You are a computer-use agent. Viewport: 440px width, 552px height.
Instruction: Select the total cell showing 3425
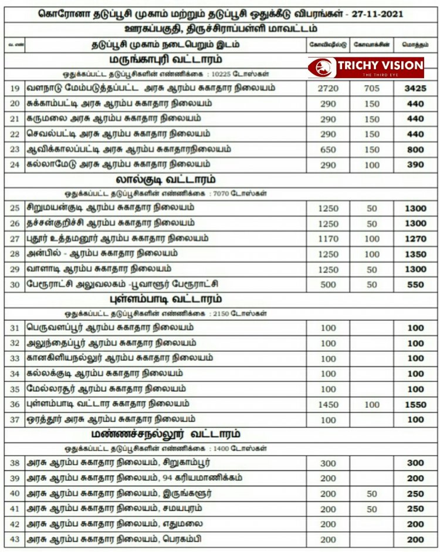click(x=415, y=89)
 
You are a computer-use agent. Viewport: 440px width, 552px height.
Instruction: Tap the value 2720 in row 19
click(x=328, y=89)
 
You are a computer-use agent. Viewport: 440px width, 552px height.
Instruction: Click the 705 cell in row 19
click(x=372, y=89)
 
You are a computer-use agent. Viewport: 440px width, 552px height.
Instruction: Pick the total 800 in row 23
click(x=415, y=150)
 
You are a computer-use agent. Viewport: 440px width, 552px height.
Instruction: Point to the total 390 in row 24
click(x=415, y=165)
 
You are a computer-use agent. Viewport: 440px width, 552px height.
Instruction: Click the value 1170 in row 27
click(x=328, y=239)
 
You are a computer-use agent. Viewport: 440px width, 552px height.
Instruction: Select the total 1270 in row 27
click(x=415, y=239)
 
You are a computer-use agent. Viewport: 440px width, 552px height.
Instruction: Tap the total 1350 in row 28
click(x=415, y=255)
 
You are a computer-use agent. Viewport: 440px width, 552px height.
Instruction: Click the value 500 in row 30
click(x=328, y=285)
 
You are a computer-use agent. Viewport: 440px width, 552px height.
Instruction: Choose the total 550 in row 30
click(x=415, y=285)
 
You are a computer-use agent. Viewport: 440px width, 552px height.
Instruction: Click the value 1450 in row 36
click(x=328, y=405)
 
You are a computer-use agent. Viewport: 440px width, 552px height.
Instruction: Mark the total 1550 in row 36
click(x=415, y=405)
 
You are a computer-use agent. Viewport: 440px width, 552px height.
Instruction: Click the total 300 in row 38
click(x=415, y=463)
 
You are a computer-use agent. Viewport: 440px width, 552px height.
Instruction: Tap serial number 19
click(x=15, y=89)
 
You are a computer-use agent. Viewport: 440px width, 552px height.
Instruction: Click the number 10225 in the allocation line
click(x=211, y=74)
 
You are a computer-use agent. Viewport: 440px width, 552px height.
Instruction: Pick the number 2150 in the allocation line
click(x=212, y=313)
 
